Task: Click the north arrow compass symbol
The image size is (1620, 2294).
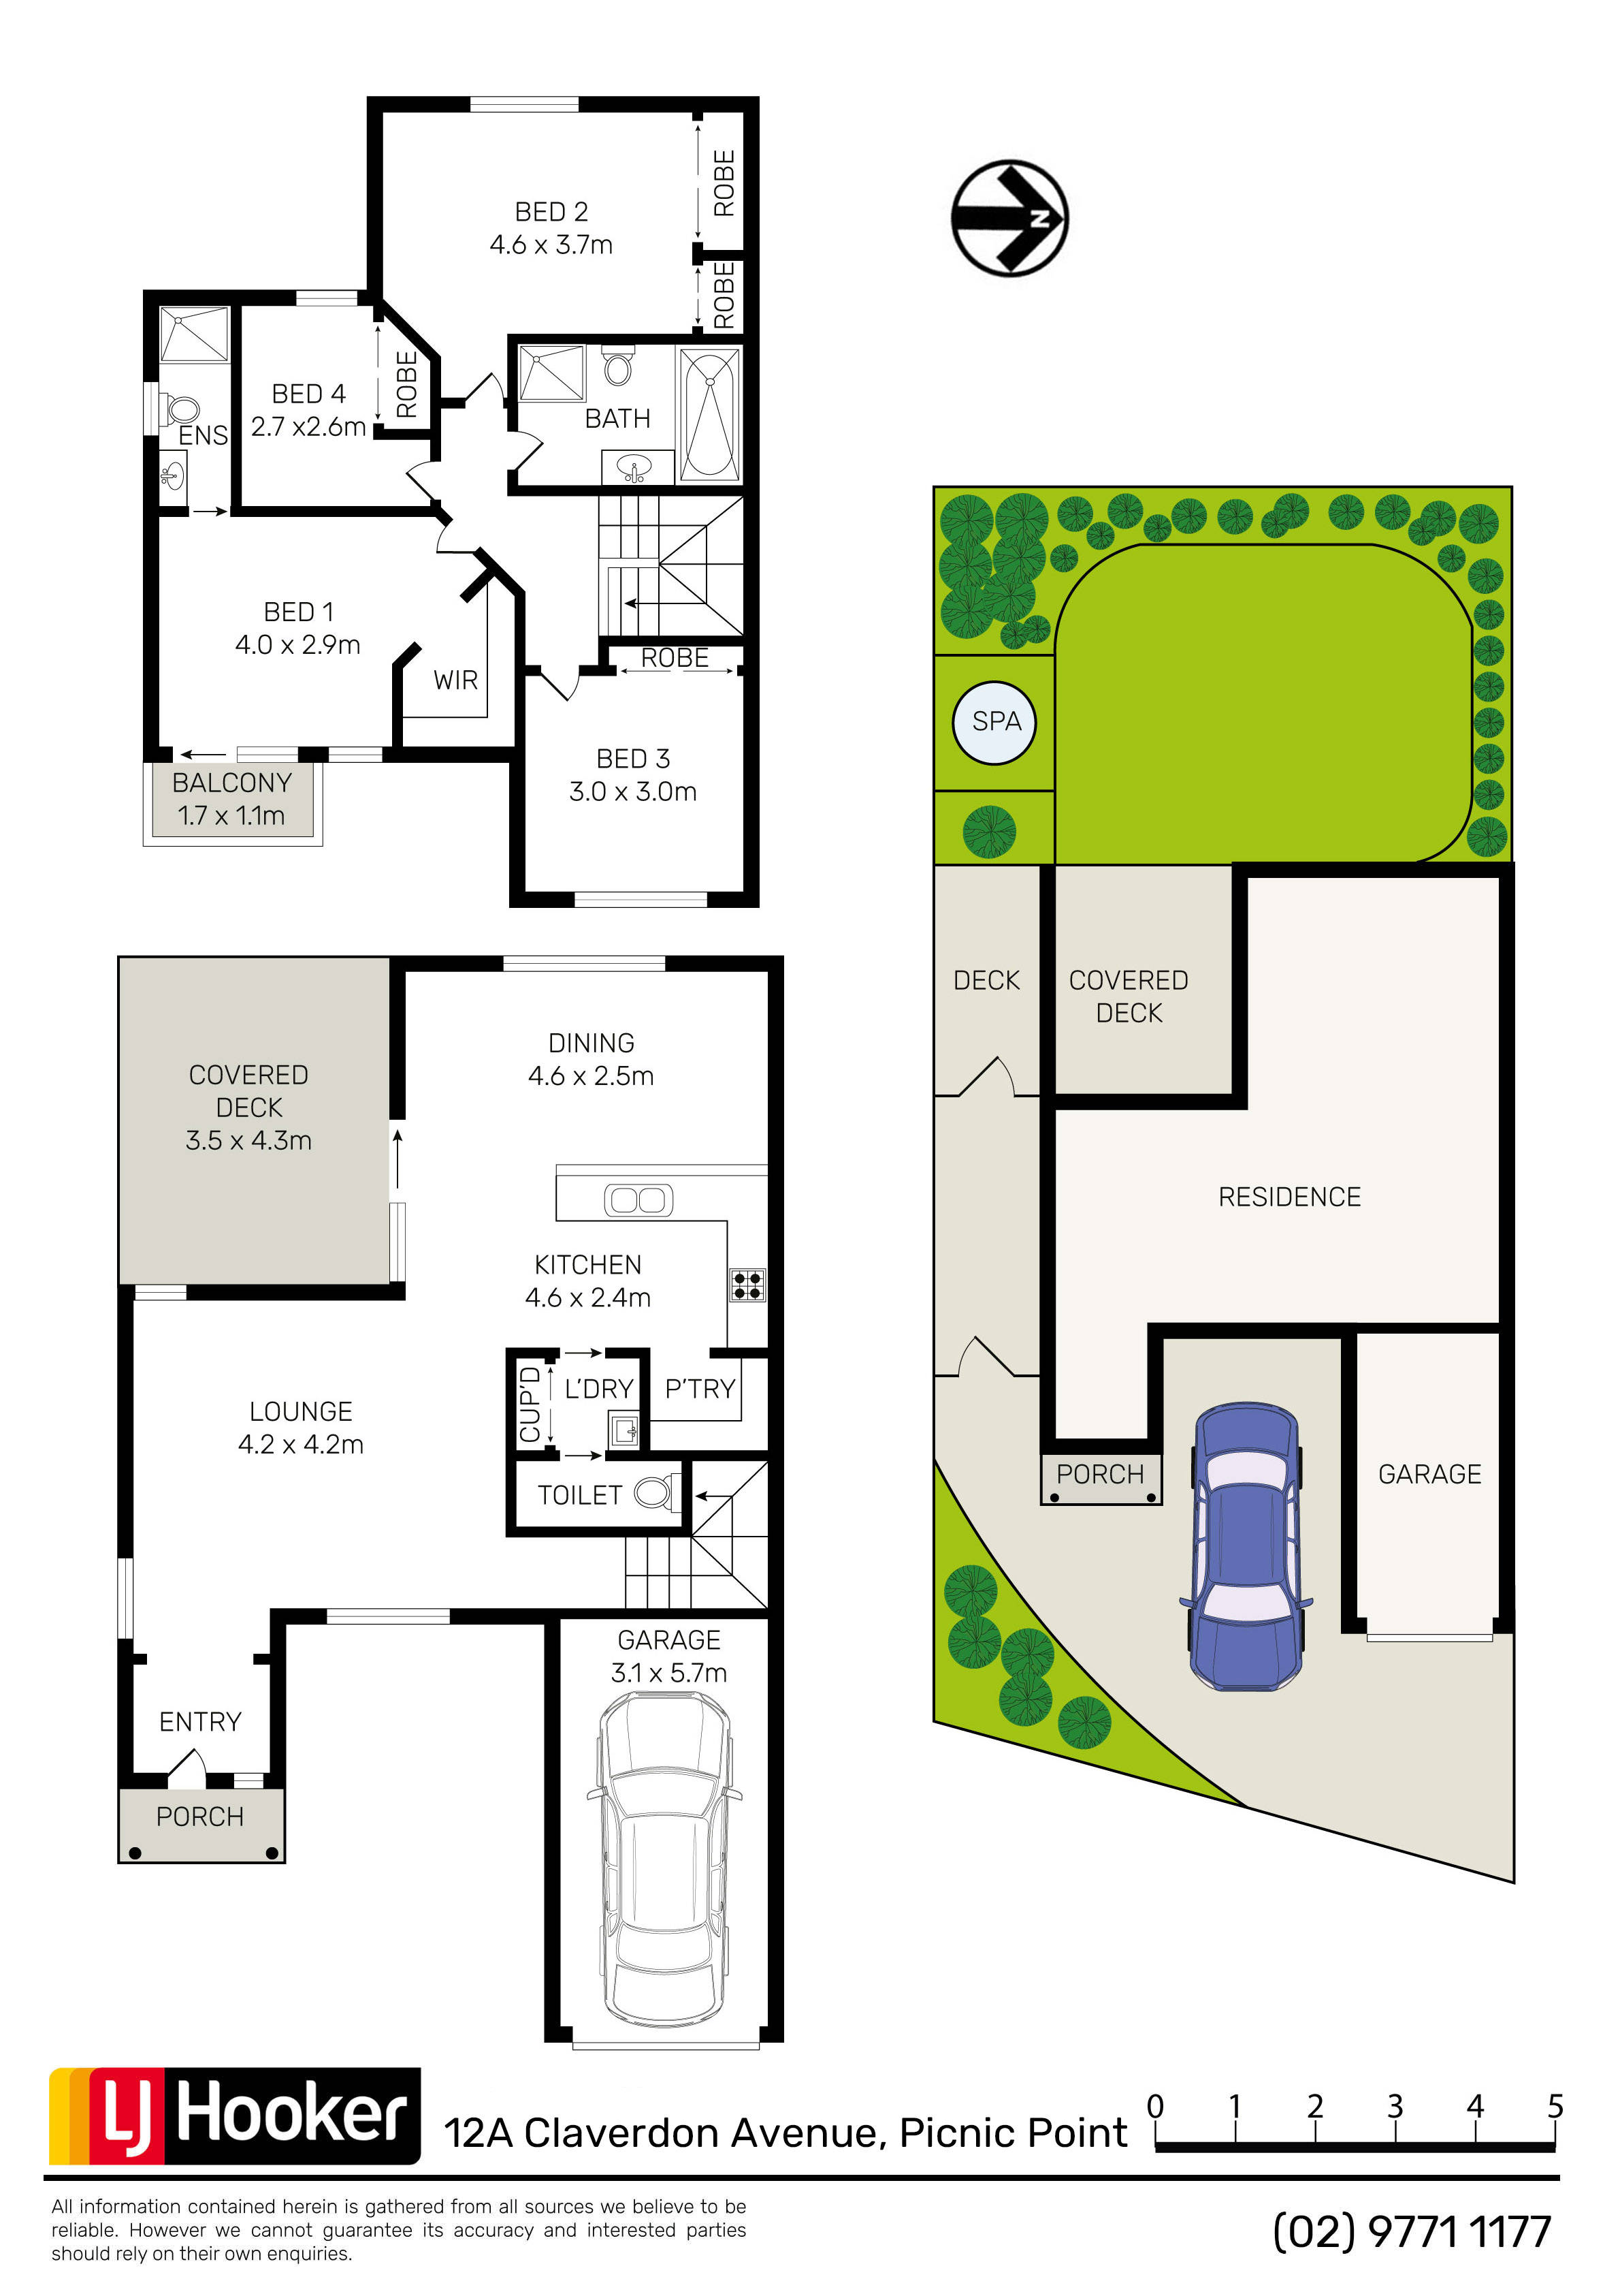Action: pyautogui.click(x=1009, y=218)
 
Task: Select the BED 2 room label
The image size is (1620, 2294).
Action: pyautogui.click(x=551, y=212)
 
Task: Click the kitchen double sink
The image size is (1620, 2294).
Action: pyautogui.click(x=638, y=1199)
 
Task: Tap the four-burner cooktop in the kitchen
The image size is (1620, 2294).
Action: pyautogui.click(x=748, y=1285)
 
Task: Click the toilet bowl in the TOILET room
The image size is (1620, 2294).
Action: pyautogui.click(x=654, y=1494)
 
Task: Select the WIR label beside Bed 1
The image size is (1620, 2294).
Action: pyautogui.click(x=455, y=680)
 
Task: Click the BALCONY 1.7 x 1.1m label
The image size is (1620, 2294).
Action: pyautogui.click(x=231, y=800)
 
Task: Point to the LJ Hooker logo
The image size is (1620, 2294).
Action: pyautogui.click(x=235, y=2115)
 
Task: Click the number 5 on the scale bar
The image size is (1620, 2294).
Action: pyautogui.click(x=1555, y=2106)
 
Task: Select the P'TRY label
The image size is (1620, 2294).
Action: pyautogui.click(x=700, y=1389)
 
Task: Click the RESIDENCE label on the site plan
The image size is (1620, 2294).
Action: pyautogui.click(x=1289, y=1197)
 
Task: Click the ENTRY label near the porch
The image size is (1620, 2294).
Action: pyautogui.click(x=201, y=1721)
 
